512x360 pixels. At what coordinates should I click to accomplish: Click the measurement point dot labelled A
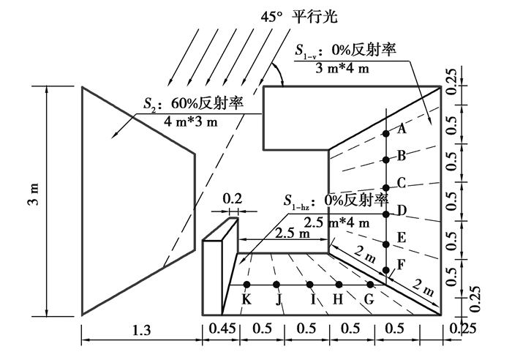click(387, 133)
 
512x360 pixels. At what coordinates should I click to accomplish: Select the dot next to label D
click(387, 214)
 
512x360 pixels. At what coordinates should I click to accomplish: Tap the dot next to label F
click(387, 271)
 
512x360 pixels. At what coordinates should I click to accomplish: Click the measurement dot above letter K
click(247, 284)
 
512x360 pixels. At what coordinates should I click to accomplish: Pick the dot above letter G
click(370, 284)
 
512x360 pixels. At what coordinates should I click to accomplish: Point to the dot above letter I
click(310, 284)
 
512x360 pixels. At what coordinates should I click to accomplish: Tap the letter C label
click(402, 182)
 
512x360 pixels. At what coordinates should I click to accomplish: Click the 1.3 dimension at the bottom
click(142, 331)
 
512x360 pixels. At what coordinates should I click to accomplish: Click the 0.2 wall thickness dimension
click(231, 198)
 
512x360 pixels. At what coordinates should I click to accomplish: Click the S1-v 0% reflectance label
click(345, 50)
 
